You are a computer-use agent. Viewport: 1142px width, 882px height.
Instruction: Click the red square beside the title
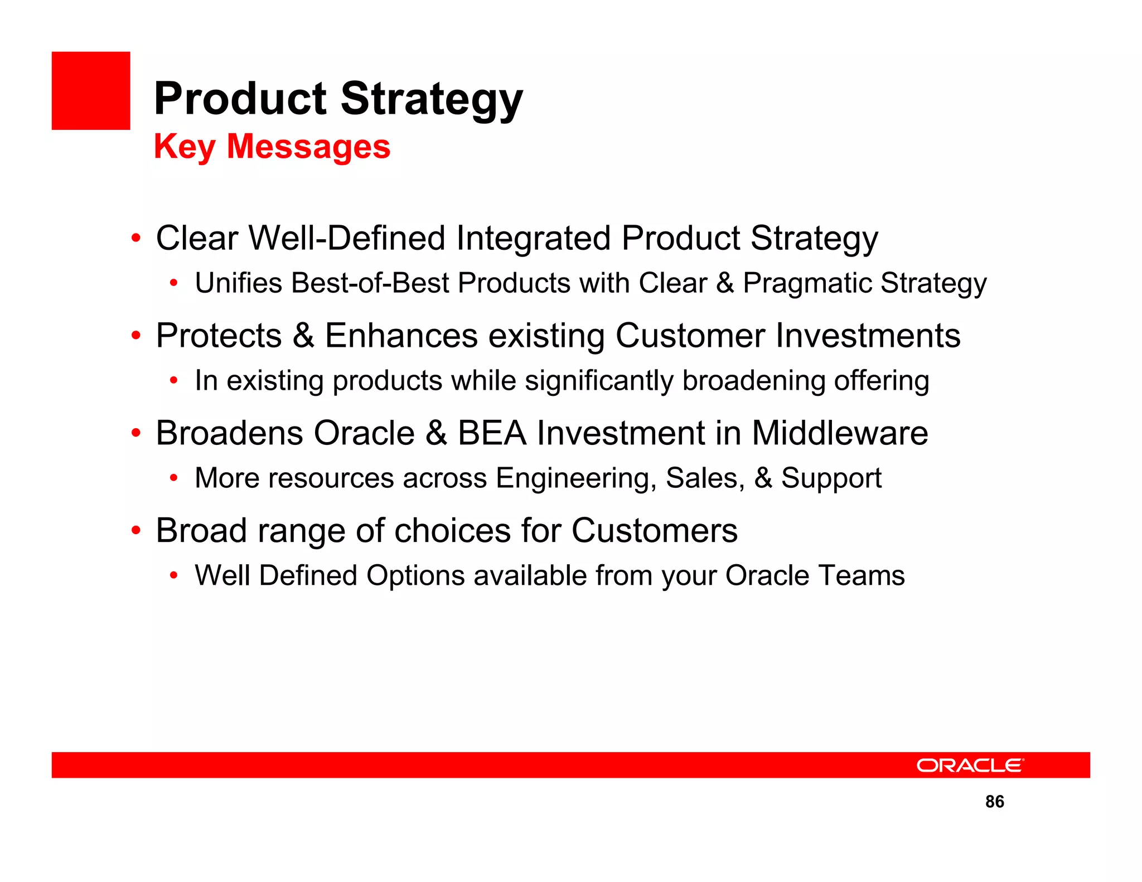pyautogui.click(x=91, y=91)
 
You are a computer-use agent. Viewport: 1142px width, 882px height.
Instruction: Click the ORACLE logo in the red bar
pyautogui.click(x=970, y=765)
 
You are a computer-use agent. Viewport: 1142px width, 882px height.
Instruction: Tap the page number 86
pyautogui.click(x=994, y=801)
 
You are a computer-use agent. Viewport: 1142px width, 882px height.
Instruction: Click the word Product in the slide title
pyautogui.click(x=240, y=99)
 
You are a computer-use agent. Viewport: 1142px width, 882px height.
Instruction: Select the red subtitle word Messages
pyautogui.click(x=308, y=147)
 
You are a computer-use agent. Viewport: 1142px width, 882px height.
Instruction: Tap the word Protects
pyautogui.click(x=219, y=336)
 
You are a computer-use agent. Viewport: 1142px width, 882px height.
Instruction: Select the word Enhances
pyautogui.click(x=401, y=336)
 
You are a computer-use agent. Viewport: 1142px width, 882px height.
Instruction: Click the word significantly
pyautogui.click(x=599, y=381)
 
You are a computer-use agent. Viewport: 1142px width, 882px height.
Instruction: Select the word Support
pyautogui.click(x=831, y=478)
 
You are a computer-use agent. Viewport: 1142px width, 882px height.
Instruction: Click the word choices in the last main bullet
pyautogui.click(x=452, y=530)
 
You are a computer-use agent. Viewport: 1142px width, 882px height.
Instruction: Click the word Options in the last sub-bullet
pyautogui.click(x=415, y=575)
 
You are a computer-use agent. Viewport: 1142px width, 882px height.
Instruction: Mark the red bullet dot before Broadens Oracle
pyautogui.click(x=136, y=433)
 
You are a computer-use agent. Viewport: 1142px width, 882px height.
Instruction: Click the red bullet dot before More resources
pyautogui.click(x=174, y=478)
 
